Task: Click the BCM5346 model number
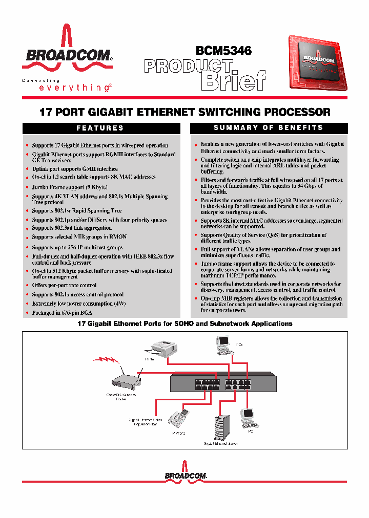(x=223, y=50)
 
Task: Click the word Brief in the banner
(x=234, y=80)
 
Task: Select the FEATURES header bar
(x=100, y=128)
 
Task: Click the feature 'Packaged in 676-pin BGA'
(x=63, y=313)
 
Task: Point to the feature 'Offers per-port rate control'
(x=64, y=285)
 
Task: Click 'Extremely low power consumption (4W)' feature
(x=78, y=304)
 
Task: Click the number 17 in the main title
(x=46, y=112)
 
